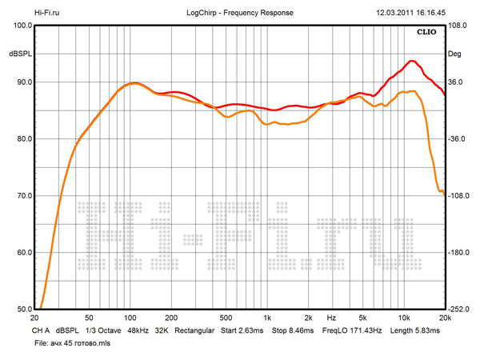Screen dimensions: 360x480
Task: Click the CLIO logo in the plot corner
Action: (426, 33)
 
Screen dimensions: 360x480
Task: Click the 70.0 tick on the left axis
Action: (22, 196)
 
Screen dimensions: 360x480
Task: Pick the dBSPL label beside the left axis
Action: (20, 54)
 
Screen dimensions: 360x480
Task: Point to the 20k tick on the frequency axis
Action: (444, 317)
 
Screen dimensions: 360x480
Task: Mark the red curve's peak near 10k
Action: (412, 61)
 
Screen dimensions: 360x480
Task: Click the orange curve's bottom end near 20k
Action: (442, 192)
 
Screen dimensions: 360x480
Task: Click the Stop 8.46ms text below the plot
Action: (293, 330)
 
